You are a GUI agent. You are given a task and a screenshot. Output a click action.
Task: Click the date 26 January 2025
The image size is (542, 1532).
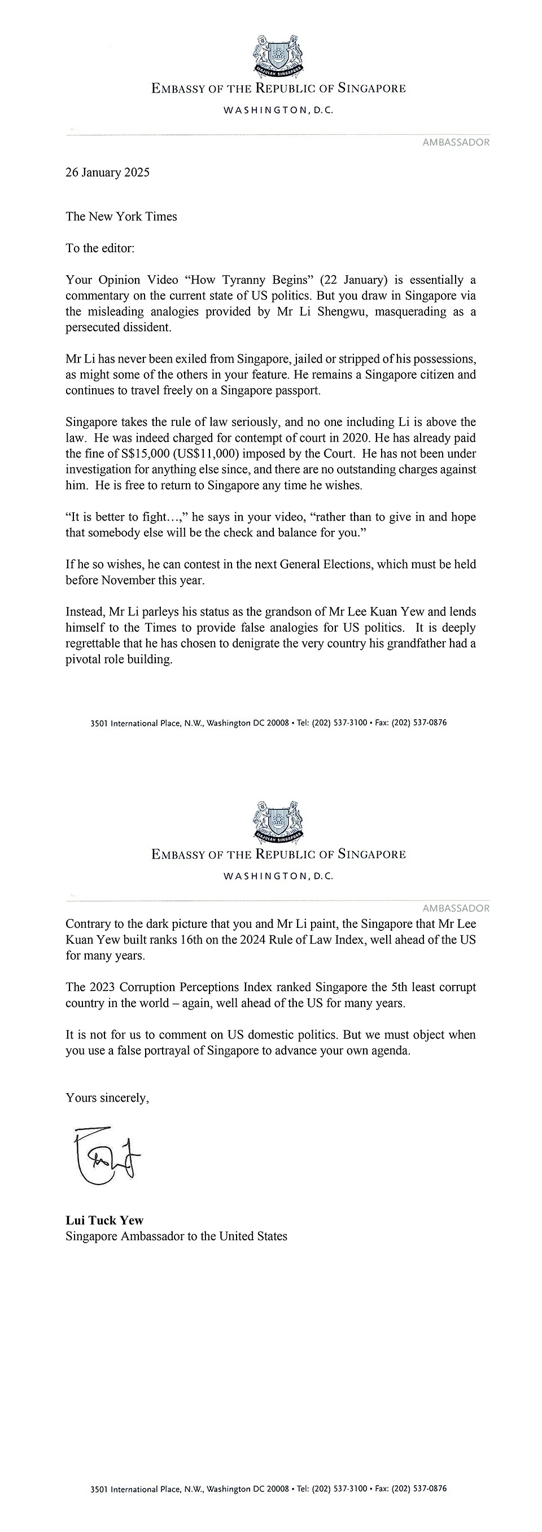pyautogui.click(x=108, y=173)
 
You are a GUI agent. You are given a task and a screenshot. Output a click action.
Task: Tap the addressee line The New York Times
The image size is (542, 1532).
pyautogui.click(x=121, y=217)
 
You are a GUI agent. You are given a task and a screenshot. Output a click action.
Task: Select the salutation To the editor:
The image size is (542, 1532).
pyautogui.click(x=100, y=248)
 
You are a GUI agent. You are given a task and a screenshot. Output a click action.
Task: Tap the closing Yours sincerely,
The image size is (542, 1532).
pyautogui.click(x=107, y=1098)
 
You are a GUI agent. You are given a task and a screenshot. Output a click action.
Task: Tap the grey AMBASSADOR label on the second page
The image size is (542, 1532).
pyautogui.click(x=456, y=908)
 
